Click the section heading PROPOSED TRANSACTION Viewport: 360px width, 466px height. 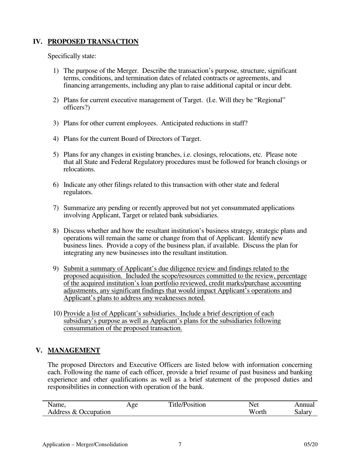(93, 42)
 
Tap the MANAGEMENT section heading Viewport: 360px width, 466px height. (74, 350)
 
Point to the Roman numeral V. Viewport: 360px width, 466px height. (39, 350)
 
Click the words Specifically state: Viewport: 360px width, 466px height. (72, 56)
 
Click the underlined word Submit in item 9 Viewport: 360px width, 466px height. (74, 269)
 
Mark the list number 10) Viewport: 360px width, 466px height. (58, 314)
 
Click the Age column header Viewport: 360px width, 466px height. (131, 405)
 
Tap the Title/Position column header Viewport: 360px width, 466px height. (187, 405)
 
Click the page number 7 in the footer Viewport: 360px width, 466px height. (180, 444)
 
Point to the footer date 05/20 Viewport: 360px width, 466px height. (311, 444)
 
